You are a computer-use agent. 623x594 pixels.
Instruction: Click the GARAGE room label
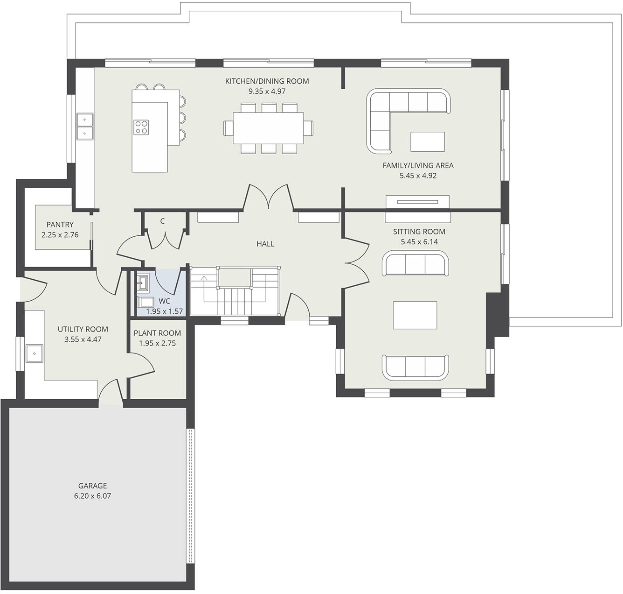(x=92, y=486)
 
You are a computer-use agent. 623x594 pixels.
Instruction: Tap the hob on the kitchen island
(x=141, y=127)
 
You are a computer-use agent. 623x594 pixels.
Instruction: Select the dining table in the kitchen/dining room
(x=268, y=128)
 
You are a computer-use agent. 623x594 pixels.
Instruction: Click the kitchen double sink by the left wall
(x=84, y=126)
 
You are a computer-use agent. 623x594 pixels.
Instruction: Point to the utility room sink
(x=35, y=354)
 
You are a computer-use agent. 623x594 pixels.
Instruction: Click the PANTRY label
(x=60, y=225)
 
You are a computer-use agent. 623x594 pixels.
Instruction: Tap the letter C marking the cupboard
(x=162, y=221)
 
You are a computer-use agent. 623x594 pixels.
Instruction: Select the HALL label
(x=265, y=244)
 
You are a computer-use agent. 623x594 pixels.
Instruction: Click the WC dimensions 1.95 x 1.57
(x=164, y=311)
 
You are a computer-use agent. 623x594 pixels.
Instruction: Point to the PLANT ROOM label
(x=157, y=333)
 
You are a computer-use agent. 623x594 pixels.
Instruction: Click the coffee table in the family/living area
(x=427, y=141)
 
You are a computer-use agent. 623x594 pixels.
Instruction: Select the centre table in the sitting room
(x=415, y=315)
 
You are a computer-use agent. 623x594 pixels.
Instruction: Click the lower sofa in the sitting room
(x=415, y=367)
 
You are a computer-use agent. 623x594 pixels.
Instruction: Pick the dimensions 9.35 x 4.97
(x=267, y=92)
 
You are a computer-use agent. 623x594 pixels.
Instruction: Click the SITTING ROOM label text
(x=419, y=232)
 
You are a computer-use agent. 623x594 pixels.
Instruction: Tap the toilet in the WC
(x=146, y=302)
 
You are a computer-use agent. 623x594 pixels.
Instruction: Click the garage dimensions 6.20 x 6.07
(x=92, y=496)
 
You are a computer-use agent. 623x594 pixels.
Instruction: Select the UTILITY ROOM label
(x=83, y=329)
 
